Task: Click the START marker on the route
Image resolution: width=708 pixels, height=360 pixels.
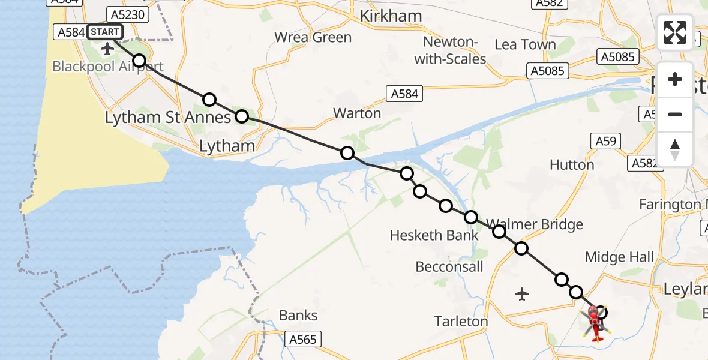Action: (106, 32)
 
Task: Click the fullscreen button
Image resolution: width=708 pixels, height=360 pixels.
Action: (675, 32)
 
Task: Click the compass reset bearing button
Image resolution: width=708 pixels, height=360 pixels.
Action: (675, 148)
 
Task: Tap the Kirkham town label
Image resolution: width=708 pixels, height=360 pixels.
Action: (391, 16)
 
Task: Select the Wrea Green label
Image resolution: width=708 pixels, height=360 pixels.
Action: (313, 37)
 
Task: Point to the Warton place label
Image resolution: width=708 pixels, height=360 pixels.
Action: (357, 113)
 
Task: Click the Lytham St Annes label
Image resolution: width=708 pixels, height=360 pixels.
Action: (167, 118)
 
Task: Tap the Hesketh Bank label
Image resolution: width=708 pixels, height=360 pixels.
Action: (434, 235)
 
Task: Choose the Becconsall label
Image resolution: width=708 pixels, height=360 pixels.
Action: (449, 266)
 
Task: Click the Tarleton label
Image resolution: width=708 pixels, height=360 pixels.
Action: (461, 321)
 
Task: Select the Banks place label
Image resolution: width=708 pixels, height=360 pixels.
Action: (298, 315)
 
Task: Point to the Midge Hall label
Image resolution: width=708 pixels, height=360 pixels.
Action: (619, 257)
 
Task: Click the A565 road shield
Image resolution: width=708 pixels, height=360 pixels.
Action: (302, 339)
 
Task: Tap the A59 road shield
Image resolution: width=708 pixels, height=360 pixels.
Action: (605, 141)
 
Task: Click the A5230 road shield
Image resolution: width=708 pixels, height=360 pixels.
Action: (127, 14)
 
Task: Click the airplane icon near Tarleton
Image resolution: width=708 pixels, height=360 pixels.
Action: (522, 294)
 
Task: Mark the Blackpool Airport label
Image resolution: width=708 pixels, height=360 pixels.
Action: (107, 66)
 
